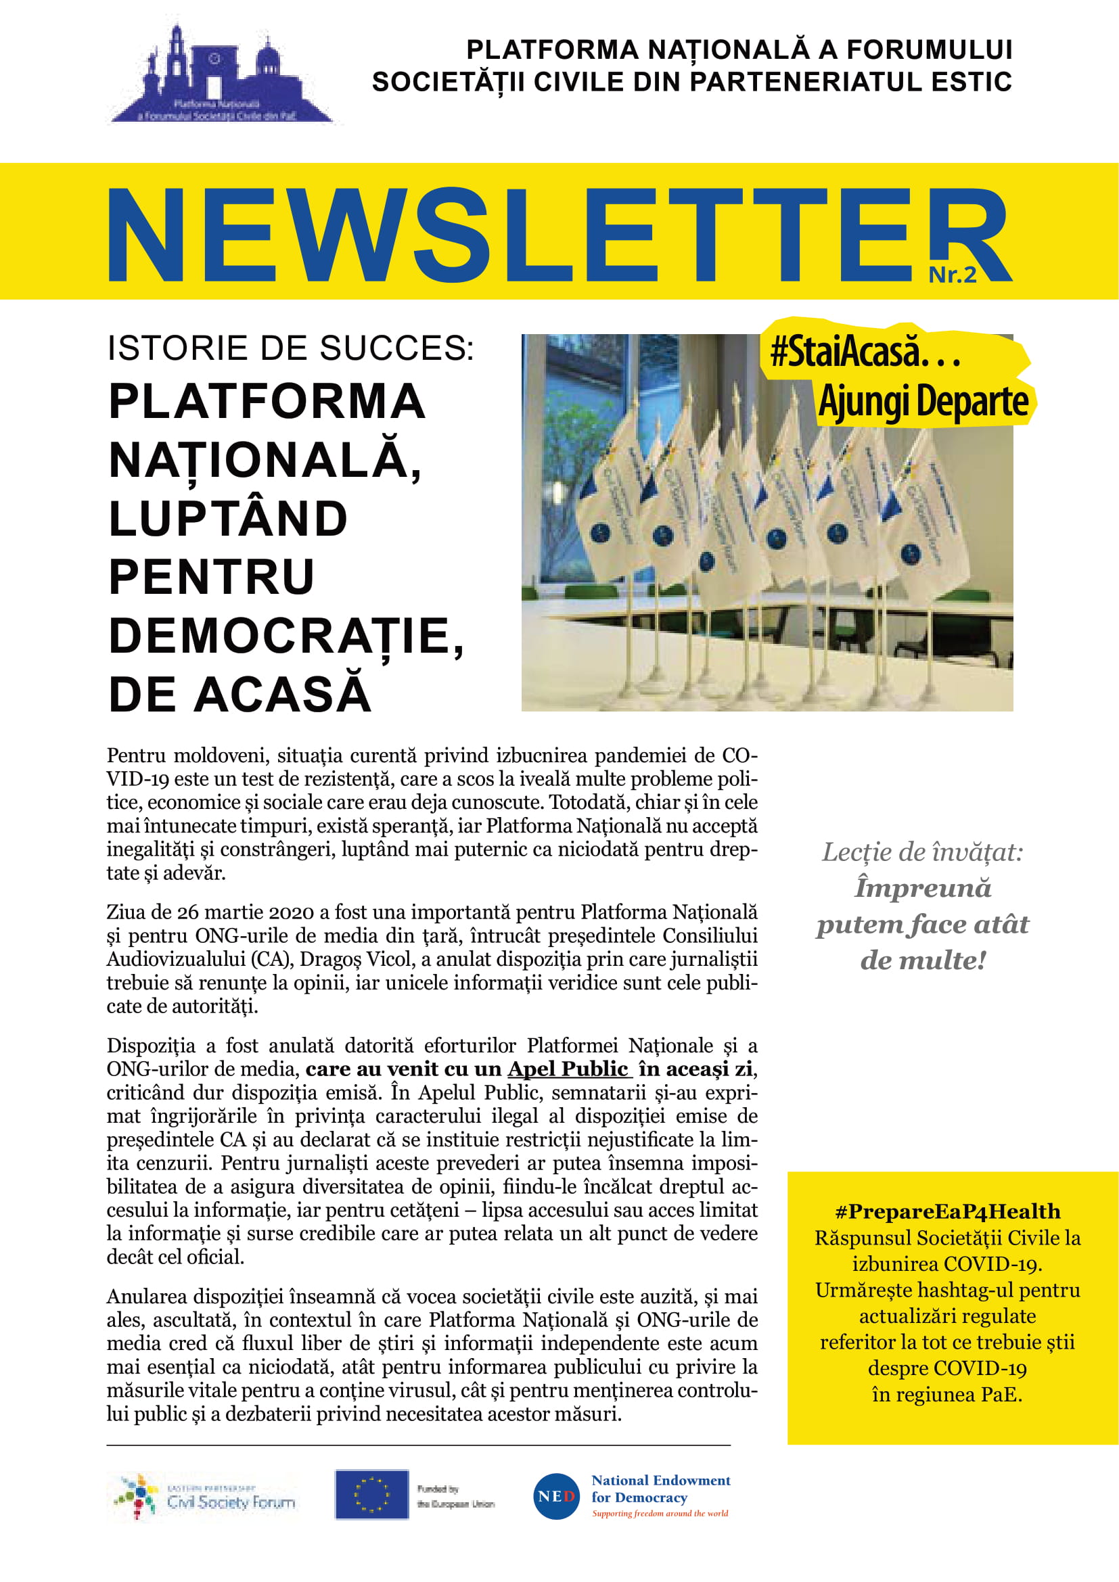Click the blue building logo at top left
coord(221,76)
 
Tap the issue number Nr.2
coord(953,275)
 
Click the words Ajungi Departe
coord(923,402)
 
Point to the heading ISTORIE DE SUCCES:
coord(291,348)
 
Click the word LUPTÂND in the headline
coord(228,519)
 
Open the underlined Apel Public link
coord(568,1069)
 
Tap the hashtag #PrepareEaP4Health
coord(947,1211)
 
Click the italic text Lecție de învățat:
coord(923,852)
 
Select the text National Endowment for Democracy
coord(660,1488)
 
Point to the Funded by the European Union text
coord(455,1496)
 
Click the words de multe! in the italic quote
coord(923,960)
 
